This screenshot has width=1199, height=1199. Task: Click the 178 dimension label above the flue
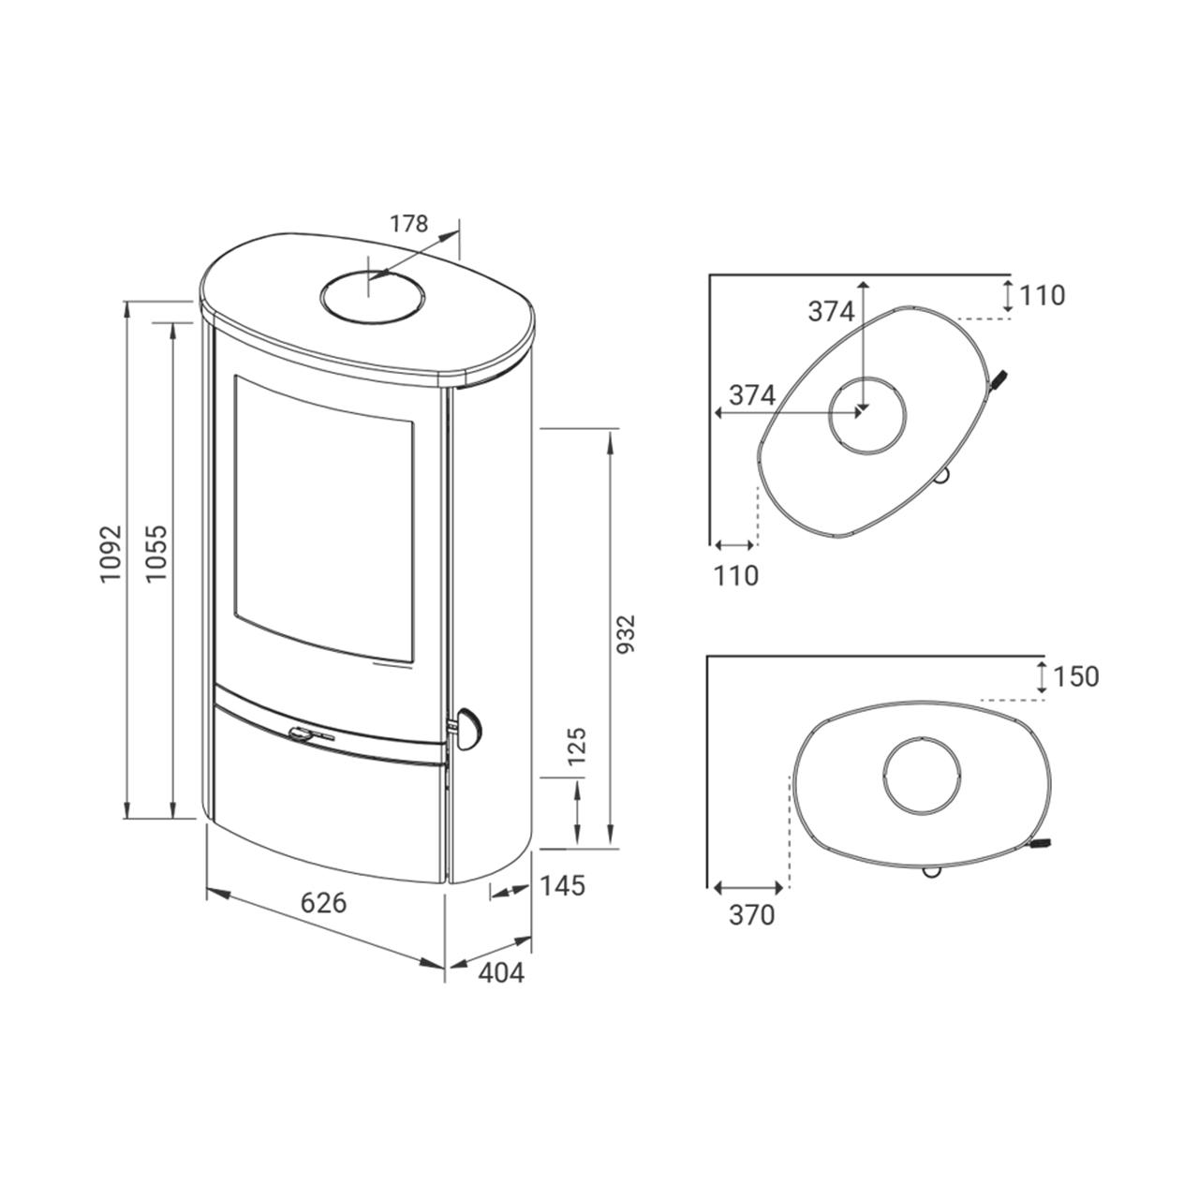(x=408, y=223)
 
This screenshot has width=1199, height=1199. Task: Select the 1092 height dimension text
(x=111, y=555)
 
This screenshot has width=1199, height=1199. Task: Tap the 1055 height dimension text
(x=157, y=554)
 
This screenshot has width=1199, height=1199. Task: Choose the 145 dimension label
(x=562, y=885)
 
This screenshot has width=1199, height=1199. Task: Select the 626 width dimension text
(x=323, y=902)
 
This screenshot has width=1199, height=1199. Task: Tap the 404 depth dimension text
(x=501, y=973)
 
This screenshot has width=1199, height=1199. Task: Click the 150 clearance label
(x=1075, y=677)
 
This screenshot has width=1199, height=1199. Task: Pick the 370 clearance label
(x=751, y=914)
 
